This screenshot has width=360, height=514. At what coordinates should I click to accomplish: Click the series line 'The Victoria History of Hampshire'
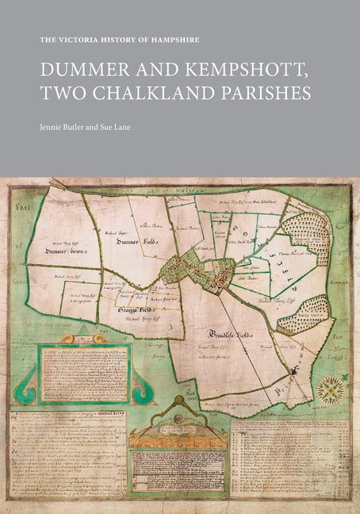120,40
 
